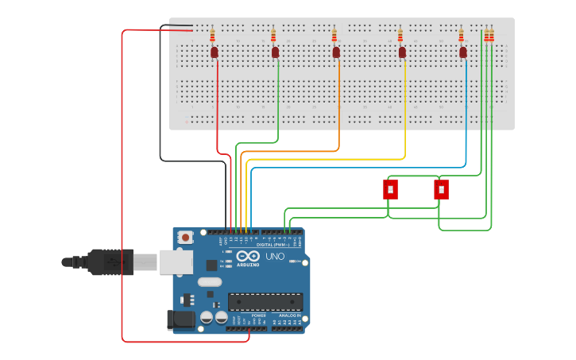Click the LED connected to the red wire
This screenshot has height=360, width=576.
click(215, 52)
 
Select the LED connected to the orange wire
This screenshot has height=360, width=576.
click(336, 52)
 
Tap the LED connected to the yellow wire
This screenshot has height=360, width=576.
click(402, 52)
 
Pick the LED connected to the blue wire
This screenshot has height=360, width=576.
click(463, 52)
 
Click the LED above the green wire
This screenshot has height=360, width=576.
click(275, 52)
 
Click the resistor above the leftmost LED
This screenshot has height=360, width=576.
click(212, 36)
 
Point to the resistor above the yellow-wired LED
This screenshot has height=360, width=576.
click(400, 36)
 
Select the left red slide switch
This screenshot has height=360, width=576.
click(390, 189)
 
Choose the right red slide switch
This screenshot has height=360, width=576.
click(441, 189)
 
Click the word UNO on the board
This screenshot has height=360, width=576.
click(274, 257)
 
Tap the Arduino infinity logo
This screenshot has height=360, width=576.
click(248, 257)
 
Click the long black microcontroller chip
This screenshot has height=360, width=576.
click(265, 302)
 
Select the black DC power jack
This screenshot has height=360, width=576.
click(181, 319)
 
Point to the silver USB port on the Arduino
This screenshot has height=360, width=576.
click(176, 262)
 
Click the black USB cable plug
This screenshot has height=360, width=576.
click(110, 261)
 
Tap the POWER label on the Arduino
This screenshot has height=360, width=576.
click(259, 315)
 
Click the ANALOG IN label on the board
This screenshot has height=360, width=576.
click(288, 315)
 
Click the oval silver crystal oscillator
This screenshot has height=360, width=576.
click(210, 282)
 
